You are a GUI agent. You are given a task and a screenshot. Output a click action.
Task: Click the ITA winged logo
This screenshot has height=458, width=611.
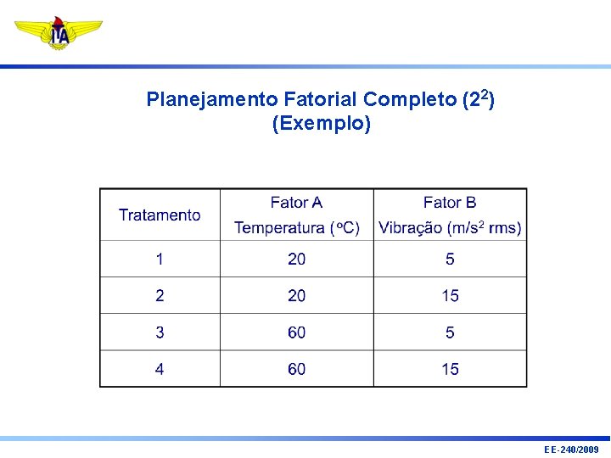click(58, 33)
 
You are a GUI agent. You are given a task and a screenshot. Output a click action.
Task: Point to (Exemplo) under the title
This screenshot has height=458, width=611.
click(321, 124)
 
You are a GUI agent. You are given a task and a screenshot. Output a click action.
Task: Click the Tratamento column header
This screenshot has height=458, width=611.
click(160, 215)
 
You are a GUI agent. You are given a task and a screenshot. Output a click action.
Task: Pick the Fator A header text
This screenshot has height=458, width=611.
click(296, 203)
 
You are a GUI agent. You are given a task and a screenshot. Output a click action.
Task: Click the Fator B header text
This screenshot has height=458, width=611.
click(450, 203)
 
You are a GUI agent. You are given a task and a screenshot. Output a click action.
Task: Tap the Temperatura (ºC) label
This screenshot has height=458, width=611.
click(296, 228)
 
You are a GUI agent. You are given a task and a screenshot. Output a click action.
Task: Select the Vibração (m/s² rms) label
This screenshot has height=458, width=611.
click(450, 228)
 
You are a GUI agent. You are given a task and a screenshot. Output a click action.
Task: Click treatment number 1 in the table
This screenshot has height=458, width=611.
click(160, 259)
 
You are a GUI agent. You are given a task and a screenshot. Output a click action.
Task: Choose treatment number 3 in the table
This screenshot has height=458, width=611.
click(160, 332)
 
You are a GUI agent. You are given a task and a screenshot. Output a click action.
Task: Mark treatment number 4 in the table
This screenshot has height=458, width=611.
click(160, 369)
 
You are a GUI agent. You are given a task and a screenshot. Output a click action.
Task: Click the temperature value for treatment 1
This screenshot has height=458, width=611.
click(296, 259)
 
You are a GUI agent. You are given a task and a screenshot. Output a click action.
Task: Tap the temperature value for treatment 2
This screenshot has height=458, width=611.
click(296, 296)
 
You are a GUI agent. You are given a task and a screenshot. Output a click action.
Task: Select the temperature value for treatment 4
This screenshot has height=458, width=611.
click(296, 369)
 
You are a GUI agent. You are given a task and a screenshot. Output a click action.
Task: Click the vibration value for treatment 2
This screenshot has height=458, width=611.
click(450, 296)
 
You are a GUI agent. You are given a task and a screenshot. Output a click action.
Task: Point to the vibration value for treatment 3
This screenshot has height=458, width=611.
click(450, 332)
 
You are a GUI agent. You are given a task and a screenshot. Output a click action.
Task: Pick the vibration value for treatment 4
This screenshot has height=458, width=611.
click(450, 369)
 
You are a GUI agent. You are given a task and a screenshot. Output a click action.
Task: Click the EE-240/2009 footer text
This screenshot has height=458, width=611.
click(571, 450)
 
